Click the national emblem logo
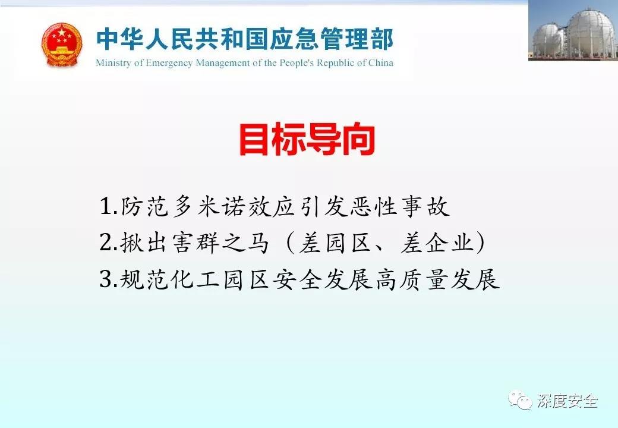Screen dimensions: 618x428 point(62,44)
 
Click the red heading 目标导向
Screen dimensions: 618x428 point(307,140)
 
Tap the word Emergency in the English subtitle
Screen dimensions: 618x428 point(169,63)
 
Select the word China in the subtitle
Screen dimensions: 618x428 point(381,62)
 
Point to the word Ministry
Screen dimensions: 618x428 point(113,63)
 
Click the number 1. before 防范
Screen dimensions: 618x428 point(109,206)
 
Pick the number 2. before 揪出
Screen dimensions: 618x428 point(109,243)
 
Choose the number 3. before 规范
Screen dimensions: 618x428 point(109,279)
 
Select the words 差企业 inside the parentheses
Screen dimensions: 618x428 point(436,243)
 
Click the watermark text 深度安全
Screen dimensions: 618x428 point(567,401)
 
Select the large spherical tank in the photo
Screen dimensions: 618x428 point(590,33)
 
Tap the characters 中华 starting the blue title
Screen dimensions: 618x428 point(120,39)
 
